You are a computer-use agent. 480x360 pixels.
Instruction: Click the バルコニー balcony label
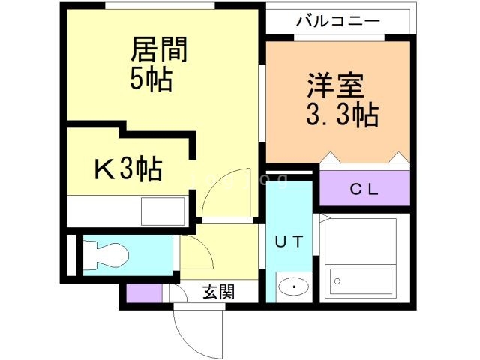[x=337, y=20]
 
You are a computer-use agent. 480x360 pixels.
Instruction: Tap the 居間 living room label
[x=158, y=51]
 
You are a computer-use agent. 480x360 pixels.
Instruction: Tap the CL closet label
[x=365, y=188]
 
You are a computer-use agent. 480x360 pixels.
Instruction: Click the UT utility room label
[x=288, y=241]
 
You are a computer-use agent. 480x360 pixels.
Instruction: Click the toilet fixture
[x=105, y=254]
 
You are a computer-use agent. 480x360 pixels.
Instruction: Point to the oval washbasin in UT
[x=292, y=286]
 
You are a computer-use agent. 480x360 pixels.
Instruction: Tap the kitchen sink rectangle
[x=162, y=210]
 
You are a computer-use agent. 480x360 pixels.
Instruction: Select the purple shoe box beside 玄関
[x=139, y=293]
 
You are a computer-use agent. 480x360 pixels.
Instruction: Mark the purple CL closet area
[x=365, y=188]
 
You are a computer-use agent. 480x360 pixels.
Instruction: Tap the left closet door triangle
[x=330, y=157]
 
